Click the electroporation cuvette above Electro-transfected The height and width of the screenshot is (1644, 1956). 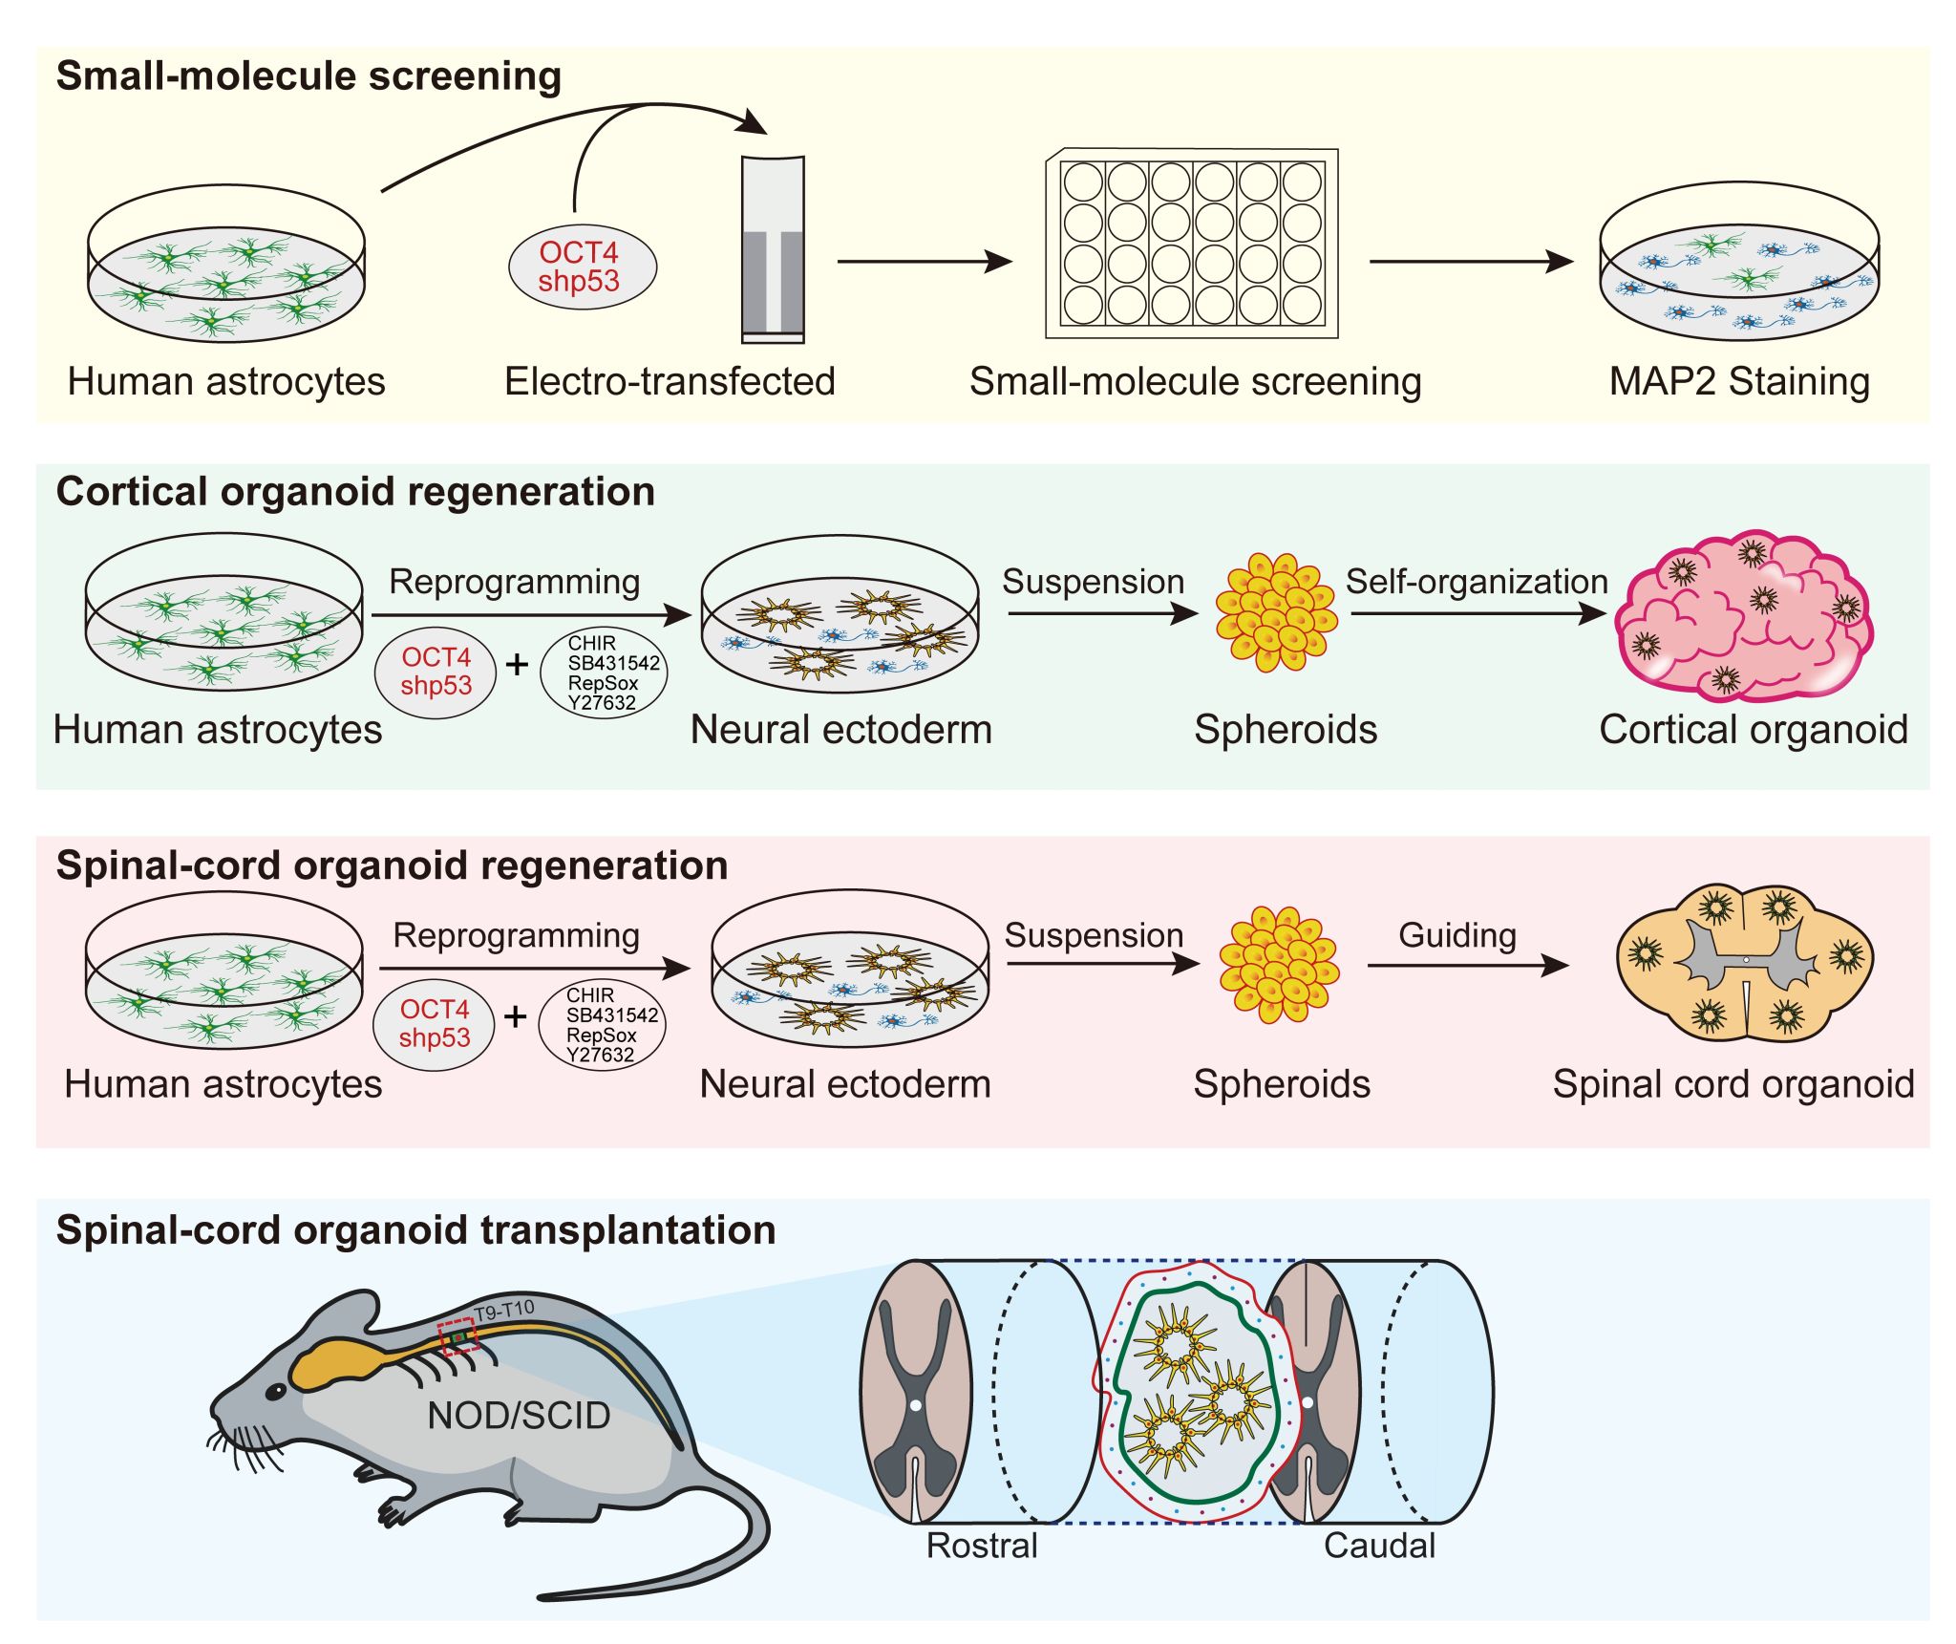[773, 249]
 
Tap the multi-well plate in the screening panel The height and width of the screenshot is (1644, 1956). [1191, 244]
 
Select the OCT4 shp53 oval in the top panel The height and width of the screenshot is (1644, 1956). [580, 267]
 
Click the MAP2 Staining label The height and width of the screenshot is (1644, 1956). [1739, 381]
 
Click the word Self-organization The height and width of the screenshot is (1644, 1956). [1477, 581]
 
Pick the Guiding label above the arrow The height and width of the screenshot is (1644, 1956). [1457, 934]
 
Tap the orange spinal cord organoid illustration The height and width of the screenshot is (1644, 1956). [1745, 962]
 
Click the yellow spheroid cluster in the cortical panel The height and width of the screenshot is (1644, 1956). [1276, 611]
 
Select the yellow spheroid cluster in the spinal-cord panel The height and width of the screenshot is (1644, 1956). [1279, 965]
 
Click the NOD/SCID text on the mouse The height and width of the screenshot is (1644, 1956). [519, 1415]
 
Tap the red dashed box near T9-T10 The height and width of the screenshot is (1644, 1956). [458, 1336]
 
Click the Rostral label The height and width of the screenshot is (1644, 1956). [982, 1545]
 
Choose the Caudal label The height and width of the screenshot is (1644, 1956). [1379, 1545]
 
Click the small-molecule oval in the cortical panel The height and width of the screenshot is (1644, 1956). [604, 673]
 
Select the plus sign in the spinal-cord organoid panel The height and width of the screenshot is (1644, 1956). [516, 1016]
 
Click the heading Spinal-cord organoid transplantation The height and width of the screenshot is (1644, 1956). [415, 1229]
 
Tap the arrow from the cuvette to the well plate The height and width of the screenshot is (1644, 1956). [925, 261]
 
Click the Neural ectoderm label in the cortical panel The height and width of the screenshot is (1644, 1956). [841, 729]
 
